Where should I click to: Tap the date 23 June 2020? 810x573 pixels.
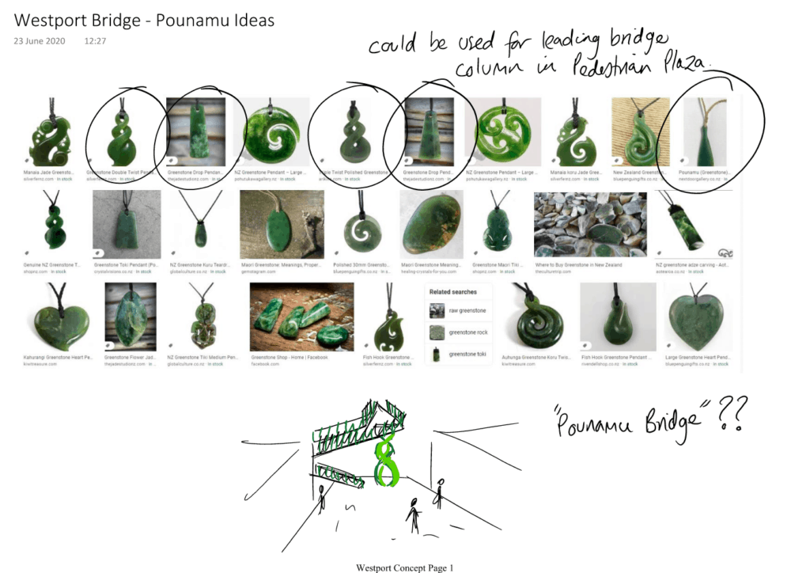[40, 41]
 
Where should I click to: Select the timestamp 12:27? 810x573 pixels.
[96, 41]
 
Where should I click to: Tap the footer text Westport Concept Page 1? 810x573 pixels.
[405, 567]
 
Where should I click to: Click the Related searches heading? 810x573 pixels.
[452, 292]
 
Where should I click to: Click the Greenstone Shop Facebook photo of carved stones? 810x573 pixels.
[301, 317]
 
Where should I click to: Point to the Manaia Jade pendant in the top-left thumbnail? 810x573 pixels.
[49, 132]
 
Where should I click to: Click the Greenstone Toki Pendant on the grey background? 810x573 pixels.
[126, 225]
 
